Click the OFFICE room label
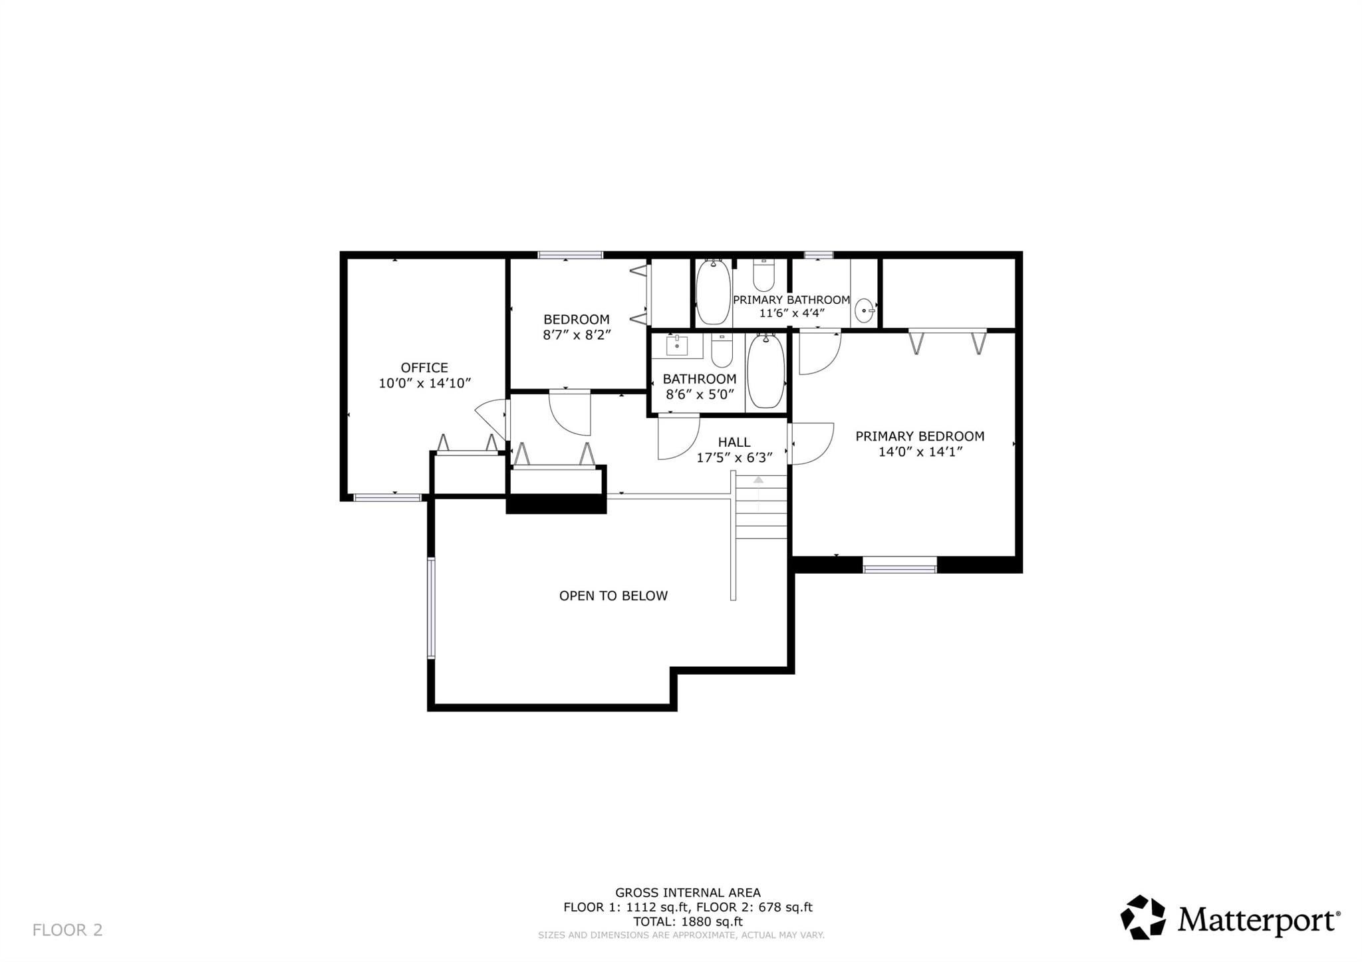(424, 368)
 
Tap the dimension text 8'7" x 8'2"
(577, 335)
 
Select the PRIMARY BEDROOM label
(919, 436)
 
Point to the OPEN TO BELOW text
(613, 596)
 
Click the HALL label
(734, 442)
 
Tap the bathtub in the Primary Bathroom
(713, 293)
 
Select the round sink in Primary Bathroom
(863, 310)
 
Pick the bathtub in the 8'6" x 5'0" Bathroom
(765, 371)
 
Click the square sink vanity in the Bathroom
(676, 346)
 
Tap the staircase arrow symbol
(758, 480)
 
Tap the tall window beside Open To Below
(431, 608)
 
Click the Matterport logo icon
(1143, 917)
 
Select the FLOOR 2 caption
(68, 930)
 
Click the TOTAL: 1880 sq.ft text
(688, 921)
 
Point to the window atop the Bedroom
(570, 255)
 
